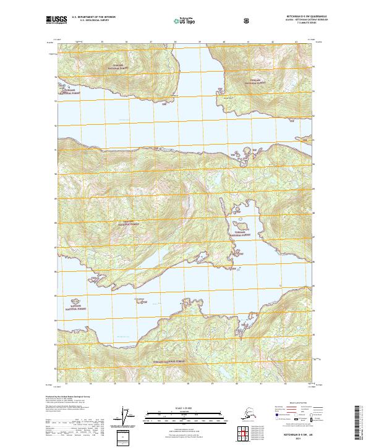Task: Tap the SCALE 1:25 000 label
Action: [185, 407]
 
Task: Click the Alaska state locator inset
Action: [250, 415]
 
